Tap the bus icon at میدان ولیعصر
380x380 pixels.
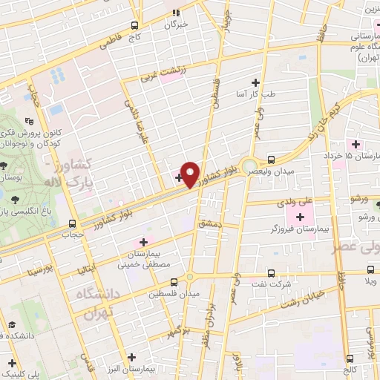pos(272,159)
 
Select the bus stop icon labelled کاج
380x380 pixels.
pos(134,24)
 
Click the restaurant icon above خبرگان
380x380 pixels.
pos(176,12)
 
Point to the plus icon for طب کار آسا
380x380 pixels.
pos(256,82)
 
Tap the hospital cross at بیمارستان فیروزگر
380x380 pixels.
pos(300,217)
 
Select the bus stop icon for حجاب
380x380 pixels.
pos(72,223)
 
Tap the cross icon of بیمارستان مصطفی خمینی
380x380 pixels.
pos(143,242)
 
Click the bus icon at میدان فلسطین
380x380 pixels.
pos(174,282)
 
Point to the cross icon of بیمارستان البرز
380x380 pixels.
pos(131,357)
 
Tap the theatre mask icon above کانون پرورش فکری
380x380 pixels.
pos(29,121)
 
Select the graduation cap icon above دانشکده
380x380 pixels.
pos(12,324)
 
